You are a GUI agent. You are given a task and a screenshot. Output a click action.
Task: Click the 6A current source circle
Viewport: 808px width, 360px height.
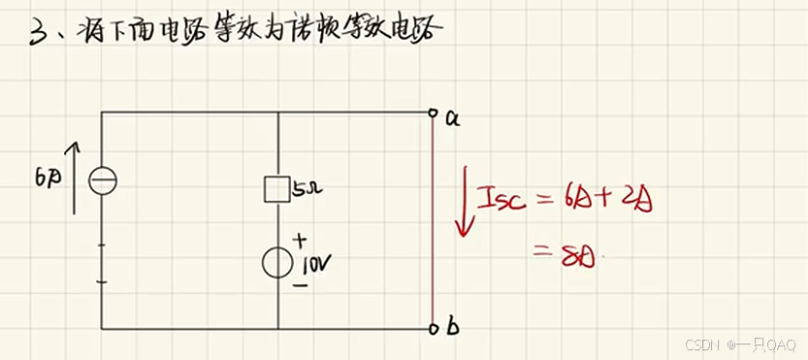102,180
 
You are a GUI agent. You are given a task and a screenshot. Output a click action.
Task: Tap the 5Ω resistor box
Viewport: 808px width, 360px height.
277,188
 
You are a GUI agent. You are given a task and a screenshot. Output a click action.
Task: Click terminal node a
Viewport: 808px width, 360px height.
433,113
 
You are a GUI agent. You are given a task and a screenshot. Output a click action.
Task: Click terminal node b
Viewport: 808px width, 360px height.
433,329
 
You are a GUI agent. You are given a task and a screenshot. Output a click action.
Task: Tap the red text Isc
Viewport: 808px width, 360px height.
501,201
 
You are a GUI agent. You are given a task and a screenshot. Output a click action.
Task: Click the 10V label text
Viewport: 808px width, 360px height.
317,264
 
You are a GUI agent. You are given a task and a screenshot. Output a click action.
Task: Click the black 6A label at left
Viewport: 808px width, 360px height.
48,179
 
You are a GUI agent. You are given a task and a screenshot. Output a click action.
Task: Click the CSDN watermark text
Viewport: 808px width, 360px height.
699,345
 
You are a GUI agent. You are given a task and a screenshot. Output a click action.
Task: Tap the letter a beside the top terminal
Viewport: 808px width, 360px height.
452,118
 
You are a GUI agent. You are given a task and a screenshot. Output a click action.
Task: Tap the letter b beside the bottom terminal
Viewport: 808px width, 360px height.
453,328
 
